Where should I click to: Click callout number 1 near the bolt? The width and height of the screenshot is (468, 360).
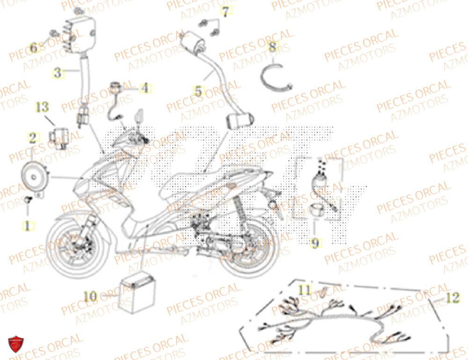28,226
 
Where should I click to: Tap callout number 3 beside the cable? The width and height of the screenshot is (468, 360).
58,73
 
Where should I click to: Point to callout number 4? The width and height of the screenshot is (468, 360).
145,87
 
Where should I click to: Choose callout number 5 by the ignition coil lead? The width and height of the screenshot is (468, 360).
199,92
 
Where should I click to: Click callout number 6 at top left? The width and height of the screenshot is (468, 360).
33,48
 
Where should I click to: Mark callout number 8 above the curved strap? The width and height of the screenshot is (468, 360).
272,47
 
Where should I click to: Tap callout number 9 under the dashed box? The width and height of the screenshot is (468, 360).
316,243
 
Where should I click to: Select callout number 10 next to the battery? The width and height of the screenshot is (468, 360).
91,295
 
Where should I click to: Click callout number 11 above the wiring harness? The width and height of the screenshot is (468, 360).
305,290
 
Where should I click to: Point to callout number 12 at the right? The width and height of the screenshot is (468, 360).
452,298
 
